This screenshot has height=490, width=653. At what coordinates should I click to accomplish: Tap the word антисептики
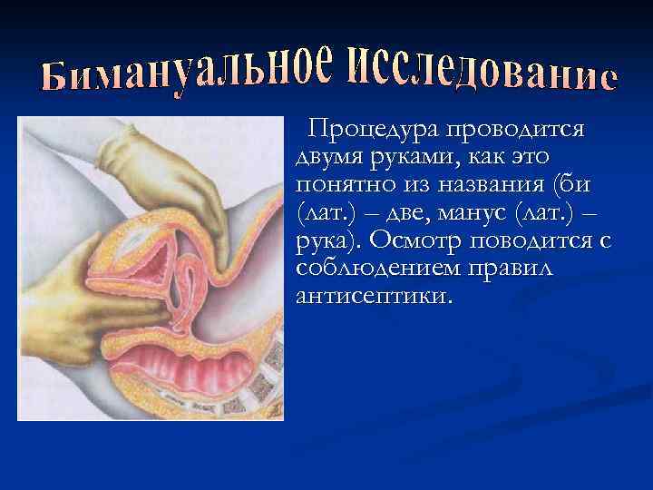(x=372, y=296)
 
